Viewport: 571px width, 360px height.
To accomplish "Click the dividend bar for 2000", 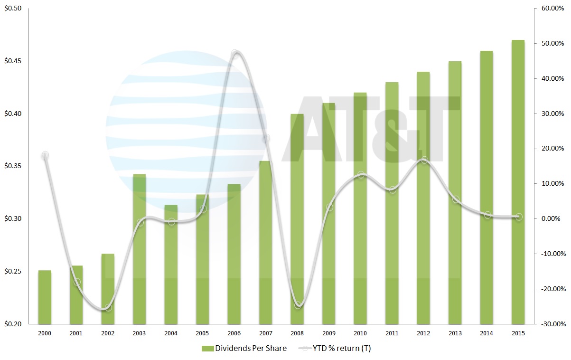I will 45,297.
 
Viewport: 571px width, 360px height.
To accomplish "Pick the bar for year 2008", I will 297,218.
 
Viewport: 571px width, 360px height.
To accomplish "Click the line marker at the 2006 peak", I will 235,54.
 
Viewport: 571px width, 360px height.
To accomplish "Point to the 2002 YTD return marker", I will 108,307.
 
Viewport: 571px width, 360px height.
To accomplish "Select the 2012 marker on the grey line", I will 424,161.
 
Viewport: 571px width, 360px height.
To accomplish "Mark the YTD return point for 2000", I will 45,155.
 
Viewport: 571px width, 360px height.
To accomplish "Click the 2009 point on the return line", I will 329,207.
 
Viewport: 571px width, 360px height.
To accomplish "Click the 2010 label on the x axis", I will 361,333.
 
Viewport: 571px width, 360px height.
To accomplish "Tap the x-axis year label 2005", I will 203,333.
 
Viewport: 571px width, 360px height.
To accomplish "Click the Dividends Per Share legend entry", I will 244,349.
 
